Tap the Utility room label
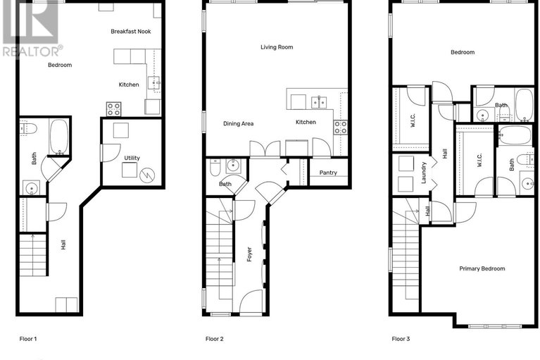click(x=132, y=158)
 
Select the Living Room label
click(x=276, y=47)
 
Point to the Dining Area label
click(x=238, y=123)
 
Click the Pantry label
click(x=328, y=173)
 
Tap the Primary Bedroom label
click(x=482, y=268)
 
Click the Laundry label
click(x=424, y=174)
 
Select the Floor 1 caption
click(x=27, y=339)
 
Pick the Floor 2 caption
click(x=214, y=339)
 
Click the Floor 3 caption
click(x=401, y=339)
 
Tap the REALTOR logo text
click(x=32, y=51)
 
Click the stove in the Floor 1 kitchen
click(x=113, y=108)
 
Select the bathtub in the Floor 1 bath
click(x=58, y=137)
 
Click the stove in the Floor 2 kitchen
click(x=340, y=127)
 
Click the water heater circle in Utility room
click(x=148, y=174)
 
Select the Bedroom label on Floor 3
click(x=462, y=52)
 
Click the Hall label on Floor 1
click(x=63, y=244)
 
